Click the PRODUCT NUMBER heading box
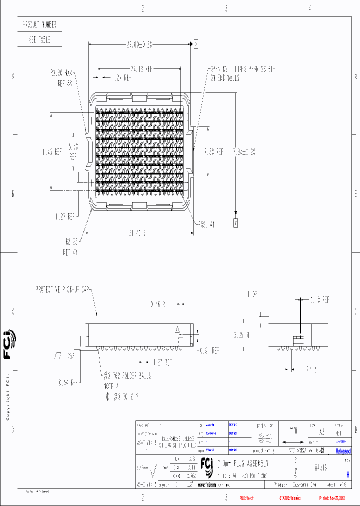tap(39, 24)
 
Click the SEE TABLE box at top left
tap(39, 40)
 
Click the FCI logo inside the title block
tap(206, 464)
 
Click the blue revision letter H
tap(347, 475)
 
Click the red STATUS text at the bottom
tap(290, 498)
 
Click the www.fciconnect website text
tap(214, 485)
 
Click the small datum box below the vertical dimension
tap(236, 223)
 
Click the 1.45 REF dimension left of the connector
tap(51, 151)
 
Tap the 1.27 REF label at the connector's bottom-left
tap(64, 216)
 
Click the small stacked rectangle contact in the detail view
tap(298, 339)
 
